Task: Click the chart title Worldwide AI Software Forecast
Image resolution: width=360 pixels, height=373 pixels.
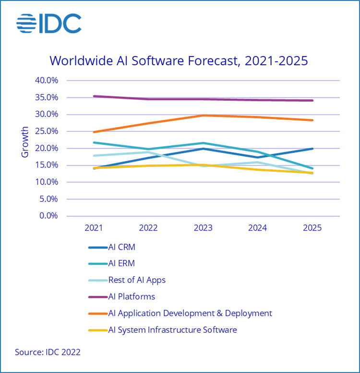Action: [179, 61]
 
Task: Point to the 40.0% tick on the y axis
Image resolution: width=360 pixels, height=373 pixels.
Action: [46, 81]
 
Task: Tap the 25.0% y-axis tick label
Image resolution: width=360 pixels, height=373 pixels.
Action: [46, 131]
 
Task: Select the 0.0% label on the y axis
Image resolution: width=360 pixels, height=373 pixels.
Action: [48, 216]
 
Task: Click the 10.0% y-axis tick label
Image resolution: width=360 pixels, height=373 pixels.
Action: [46, 182]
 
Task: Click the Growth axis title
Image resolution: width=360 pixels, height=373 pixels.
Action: [25, 142]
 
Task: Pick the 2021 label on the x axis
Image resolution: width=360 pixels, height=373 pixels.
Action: [94, 228]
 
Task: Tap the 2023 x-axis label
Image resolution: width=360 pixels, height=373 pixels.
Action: [203, 228]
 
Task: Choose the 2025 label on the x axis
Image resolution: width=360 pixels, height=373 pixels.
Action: [312, 228]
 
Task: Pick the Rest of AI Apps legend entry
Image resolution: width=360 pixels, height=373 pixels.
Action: [137, 280]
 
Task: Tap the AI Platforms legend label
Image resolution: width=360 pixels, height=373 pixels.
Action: [132, 297]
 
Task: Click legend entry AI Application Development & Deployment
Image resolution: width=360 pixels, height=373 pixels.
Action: [190, 313]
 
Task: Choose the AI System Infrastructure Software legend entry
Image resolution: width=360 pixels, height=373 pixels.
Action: [172, 330]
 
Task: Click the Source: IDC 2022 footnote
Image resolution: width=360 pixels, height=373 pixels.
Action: [48, 352]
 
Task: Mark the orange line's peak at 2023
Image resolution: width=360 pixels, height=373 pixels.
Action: [203, 115]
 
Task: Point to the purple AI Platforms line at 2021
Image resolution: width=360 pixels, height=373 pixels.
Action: [95, 96]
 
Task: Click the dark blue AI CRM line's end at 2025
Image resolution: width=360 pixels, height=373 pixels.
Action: [312, 149]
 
